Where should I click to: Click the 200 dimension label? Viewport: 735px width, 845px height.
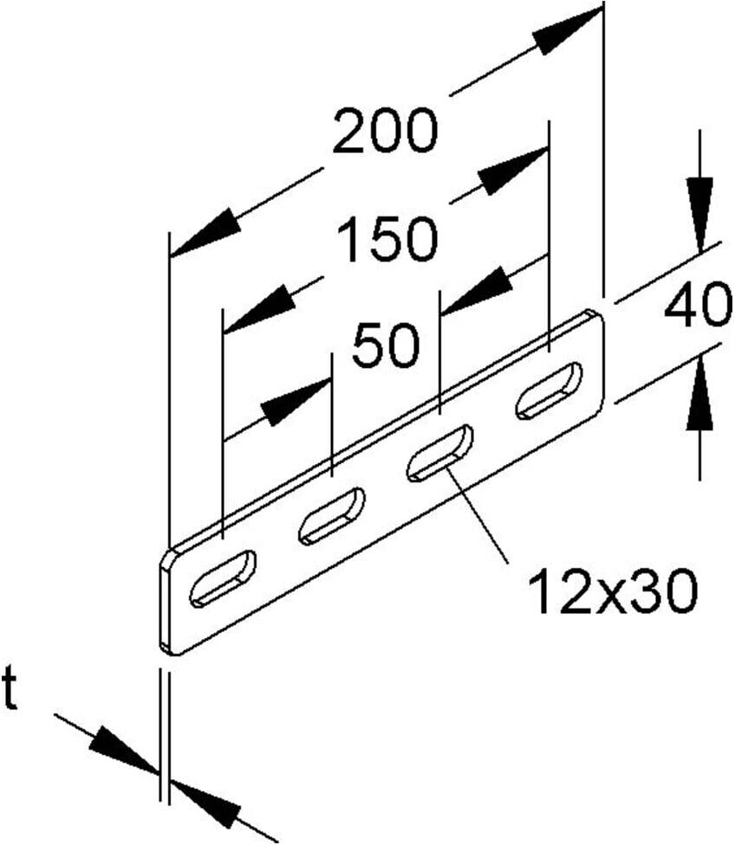coord(384,131)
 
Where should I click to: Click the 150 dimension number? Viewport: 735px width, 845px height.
coord(387,238)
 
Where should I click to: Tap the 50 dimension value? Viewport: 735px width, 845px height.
coord(386,345)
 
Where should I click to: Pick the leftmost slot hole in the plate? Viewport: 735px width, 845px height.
coord(223,579)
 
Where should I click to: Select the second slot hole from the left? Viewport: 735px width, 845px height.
coord(331,516)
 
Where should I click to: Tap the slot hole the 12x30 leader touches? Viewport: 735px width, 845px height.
coord(439,453)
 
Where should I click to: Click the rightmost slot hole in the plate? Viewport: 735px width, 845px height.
coord(550,390)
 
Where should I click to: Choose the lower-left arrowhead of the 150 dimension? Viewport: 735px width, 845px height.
coord(259,309)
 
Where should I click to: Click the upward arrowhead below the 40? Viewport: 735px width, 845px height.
coord(700,393)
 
